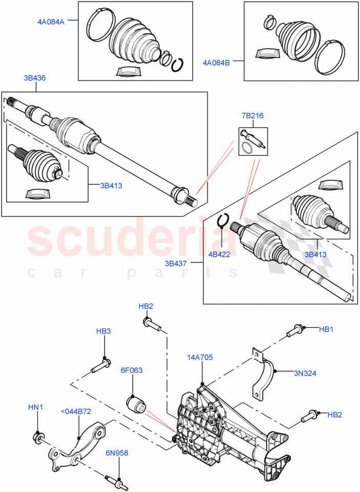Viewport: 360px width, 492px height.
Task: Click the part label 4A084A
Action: (x=50, y=22)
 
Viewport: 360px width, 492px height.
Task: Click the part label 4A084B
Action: (x=216, y=63)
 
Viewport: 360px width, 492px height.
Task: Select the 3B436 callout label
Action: (x=34, y=78)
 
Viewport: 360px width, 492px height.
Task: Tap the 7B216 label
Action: (x=252, y=115)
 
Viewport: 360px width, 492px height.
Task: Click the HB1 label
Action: (x=326, y=329)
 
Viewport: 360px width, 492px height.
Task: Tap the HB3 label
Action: (x=104, y=331)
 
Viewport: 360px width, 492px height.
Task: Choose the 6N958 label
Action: (x=118, y=453)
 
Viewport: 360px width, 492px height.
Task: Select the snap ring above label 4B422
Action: (x=223, y=220)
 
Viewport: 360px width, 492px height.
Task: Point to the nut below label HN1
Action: (x=37, y=437)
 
